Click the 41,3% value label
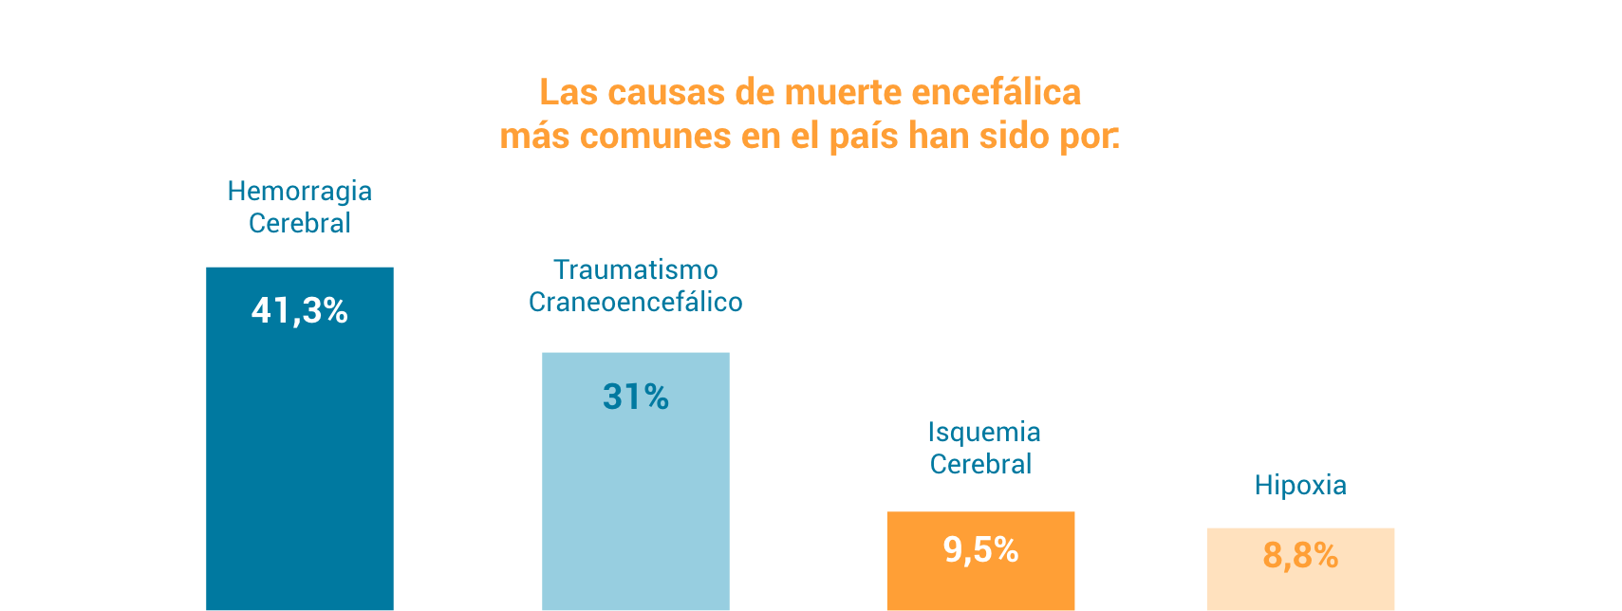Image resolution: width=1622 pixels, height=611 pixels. click(x=299, y=310)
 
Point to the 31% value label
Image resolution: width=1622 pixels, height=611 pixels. click(x=635, y=397)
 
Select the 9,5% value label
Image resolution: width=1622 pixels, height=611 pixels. click(x=980, y=549)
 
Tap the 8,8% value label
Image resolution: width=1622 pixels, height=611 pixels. click(x=1300, y=555)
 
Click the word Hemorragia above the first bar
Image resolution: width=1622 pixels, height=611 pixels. click(x=299, y=192)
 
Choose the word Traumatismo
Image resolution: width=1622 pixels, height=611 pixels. click(x=635, y=270)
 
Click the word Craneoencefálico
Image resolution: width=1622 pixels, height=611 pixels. click(x=635, y=302)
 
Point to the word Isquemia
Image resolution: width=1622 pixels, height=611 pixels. click(x=983, y=433)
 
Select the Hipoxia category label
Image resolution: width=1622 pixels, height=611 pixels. click(x=1300, y=485)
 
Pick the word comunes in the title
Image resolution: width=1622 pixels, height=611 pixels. click(x=655, y=136)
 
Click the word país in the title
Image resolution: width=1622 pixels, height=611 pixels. click(x=864, y=136)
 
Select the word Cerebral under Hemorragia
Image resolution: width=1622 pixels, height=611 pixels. click(x=299, y=223)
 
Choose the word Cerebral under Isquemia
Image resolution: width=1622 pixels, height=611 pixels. click(x=980, y=464)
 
